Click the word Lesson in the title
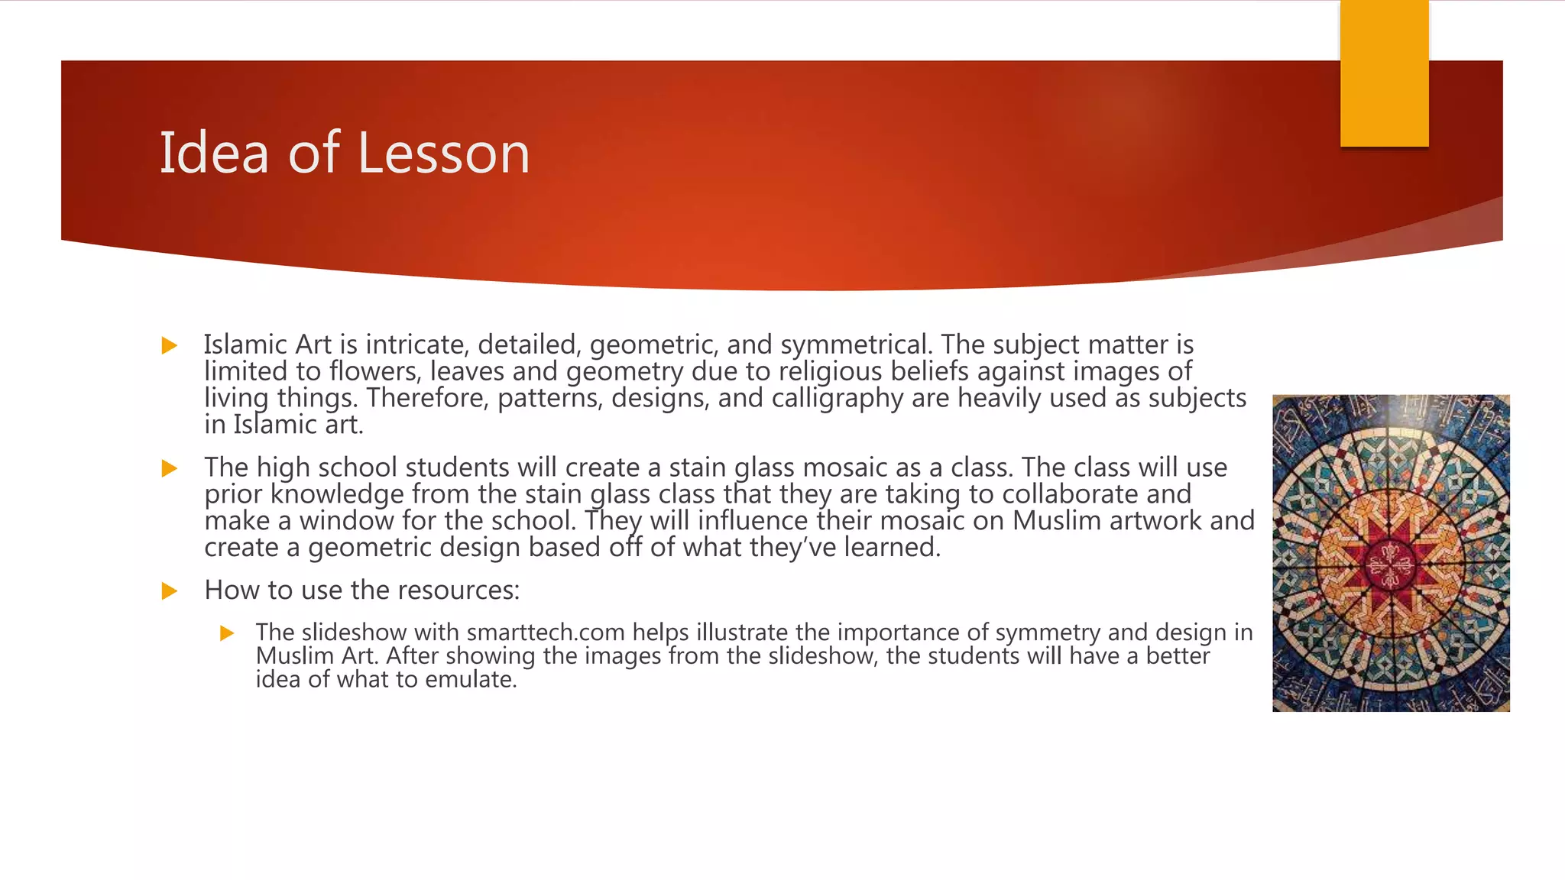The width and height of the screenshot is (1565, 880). pyautogui.click(x=443, y=153)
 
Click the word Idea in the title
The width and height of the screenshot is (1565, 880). pyautogui.click(x=214, y=153)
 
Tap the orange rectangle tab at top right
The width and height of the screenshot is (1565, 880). pyautogui.click(x=1384, y=73)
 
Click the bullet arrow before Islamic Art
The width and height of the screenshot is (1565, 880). pyautogui.click(x=170, y=346)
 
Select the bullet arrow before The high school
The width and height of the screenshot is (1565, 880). pyautogui.click(x=170, y=468)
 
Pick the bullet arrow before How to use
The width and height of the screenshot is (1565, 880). pyautogui.click(x=170, y=591)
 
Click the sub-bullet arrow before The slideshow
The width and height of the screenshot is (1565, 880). pyautogui.click(x=227, y=633)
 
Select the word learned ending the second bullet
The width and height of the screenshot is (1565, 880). pyautogui.click(x=892, y=548)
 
